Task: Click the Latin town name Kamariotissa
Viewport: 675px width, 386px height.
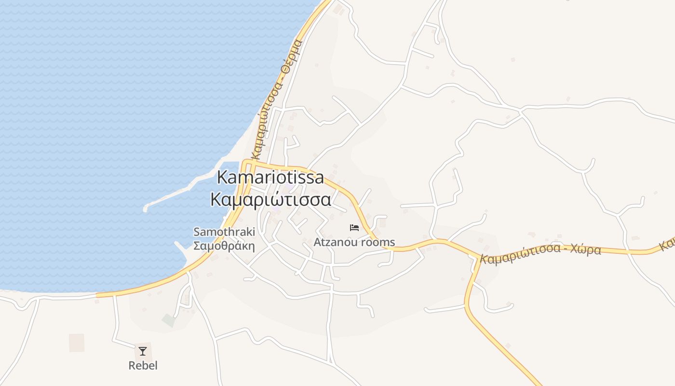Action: tap(270, 178)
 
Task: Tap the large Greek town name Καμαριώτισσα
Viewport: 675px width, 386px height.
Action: tap(270, 199)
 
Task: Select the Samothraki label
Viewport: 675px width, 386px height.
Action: tap(224, 232)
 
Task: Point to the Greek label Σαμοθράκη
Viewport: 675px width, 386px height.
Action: tap(224, 246)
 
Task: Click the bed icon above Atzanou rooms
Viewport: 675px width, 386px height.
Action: tap(354, 227)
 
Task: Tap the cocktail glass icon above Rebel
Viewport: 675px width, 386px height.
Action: tap(143, 351)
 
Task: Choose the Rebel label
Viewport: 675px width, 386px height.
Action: tap(143, 365)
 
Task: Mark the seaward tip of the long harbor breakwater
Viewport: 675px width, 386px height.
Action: tap(146, 209)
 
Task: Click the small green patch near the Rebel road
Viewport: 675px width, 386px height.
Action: tap(168, 320)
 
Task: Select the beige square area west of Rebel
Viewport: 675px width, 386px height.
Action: tap(77, 343)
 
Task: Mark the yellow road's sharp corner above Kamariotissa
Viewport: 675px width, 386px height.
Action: tap(246, 162)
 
